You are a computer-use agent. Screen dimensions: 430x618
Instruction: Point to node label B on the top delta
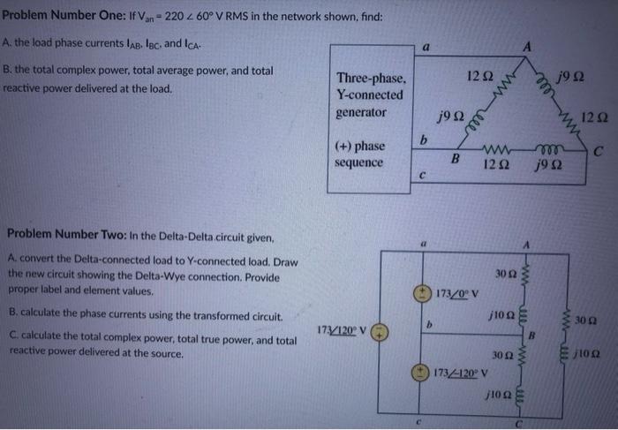point(456,159)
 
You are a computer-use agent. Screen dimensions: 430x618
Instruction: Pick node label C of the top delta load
point(598,151)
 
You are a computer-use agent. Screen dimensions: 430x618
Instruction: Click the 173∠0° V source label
point(456,293)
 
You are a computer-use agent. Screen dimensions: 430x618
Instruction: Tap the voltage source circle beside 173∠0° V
point(424,292)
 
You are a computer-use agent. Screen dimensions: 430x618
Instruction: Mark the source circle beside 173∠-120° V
point(424,370)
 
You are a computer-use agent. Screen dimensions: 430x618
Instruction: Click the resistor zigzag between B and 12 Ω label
point(493,149)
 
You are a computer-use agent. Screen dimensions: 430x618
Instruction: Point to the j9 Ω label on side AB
point(445,115)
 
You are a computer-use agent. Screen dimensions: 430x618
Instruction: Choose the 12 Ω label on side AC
point(595,115)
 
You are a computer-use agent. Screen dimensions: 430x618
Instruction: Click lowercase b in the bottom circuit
point(428,326)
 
